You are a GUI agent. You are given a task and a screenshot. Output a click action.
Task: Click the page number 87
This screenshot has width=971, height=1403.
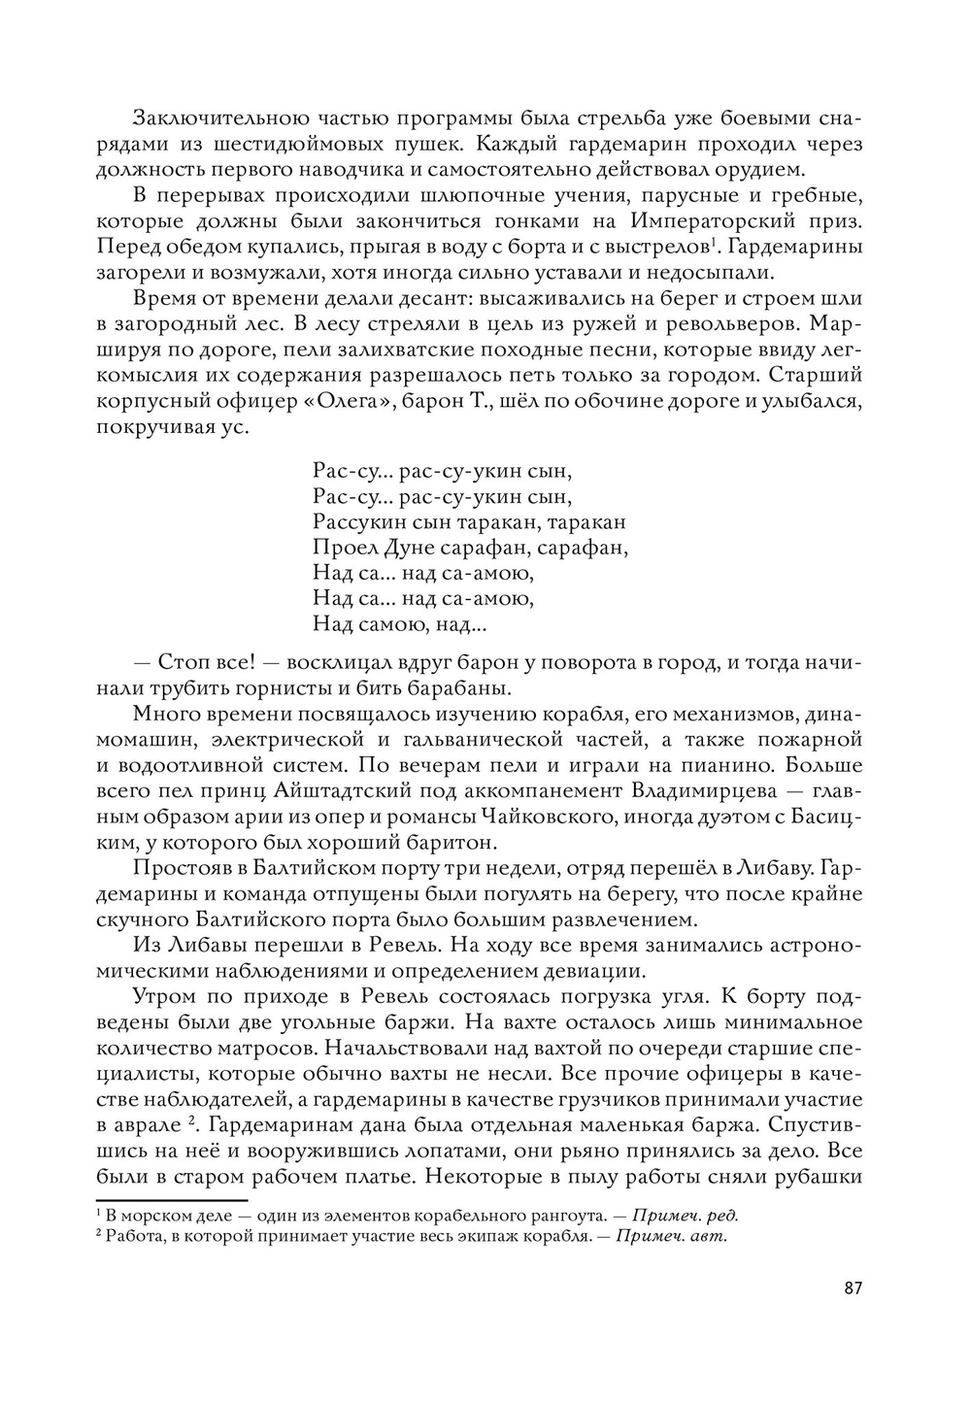click(853, 1288)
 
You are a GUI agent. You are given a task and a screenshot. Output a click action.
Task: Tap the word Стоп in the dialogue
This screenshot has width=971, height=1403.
click(187, 663)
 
